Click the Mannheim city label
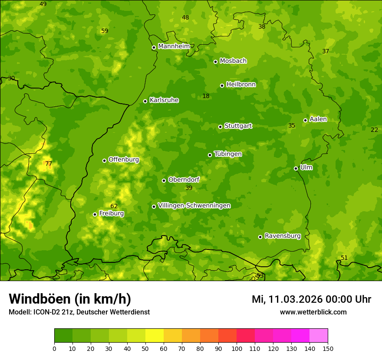[x=174, y=46]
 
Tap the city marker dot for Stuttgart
[x=220, y=127]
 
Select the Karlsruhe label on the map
[x=164, y=100]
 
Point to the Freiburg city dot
[x=95, y=214]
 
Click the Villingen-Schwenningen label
[x=194, y=206]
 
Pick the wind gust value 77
[x=49, y=164]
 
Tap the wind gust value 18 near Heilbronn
[x=206, y=96]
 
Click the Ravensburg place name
[x=283, y=236]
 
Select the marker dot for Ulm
[x=296, y=168]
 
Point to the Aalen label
[x=318, y=119]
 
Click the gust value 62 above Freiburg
[x=114, y=206]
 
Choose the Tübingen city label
[x=228, y=154]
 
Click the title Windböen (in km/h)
[x=70, y=299]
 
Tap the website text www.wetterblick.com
[x=313, y=312]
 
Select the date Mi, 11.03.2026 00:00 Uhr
[x=311, y=299]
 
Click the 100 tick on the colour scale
[x=237, y=348]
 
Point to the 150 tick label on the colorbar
[x=328, y=348]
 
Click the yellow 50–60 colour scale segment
[x=155, y=335]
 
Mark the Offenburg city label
[x=124, y=160]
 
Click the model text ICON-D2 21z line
[x=79, y=312]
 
